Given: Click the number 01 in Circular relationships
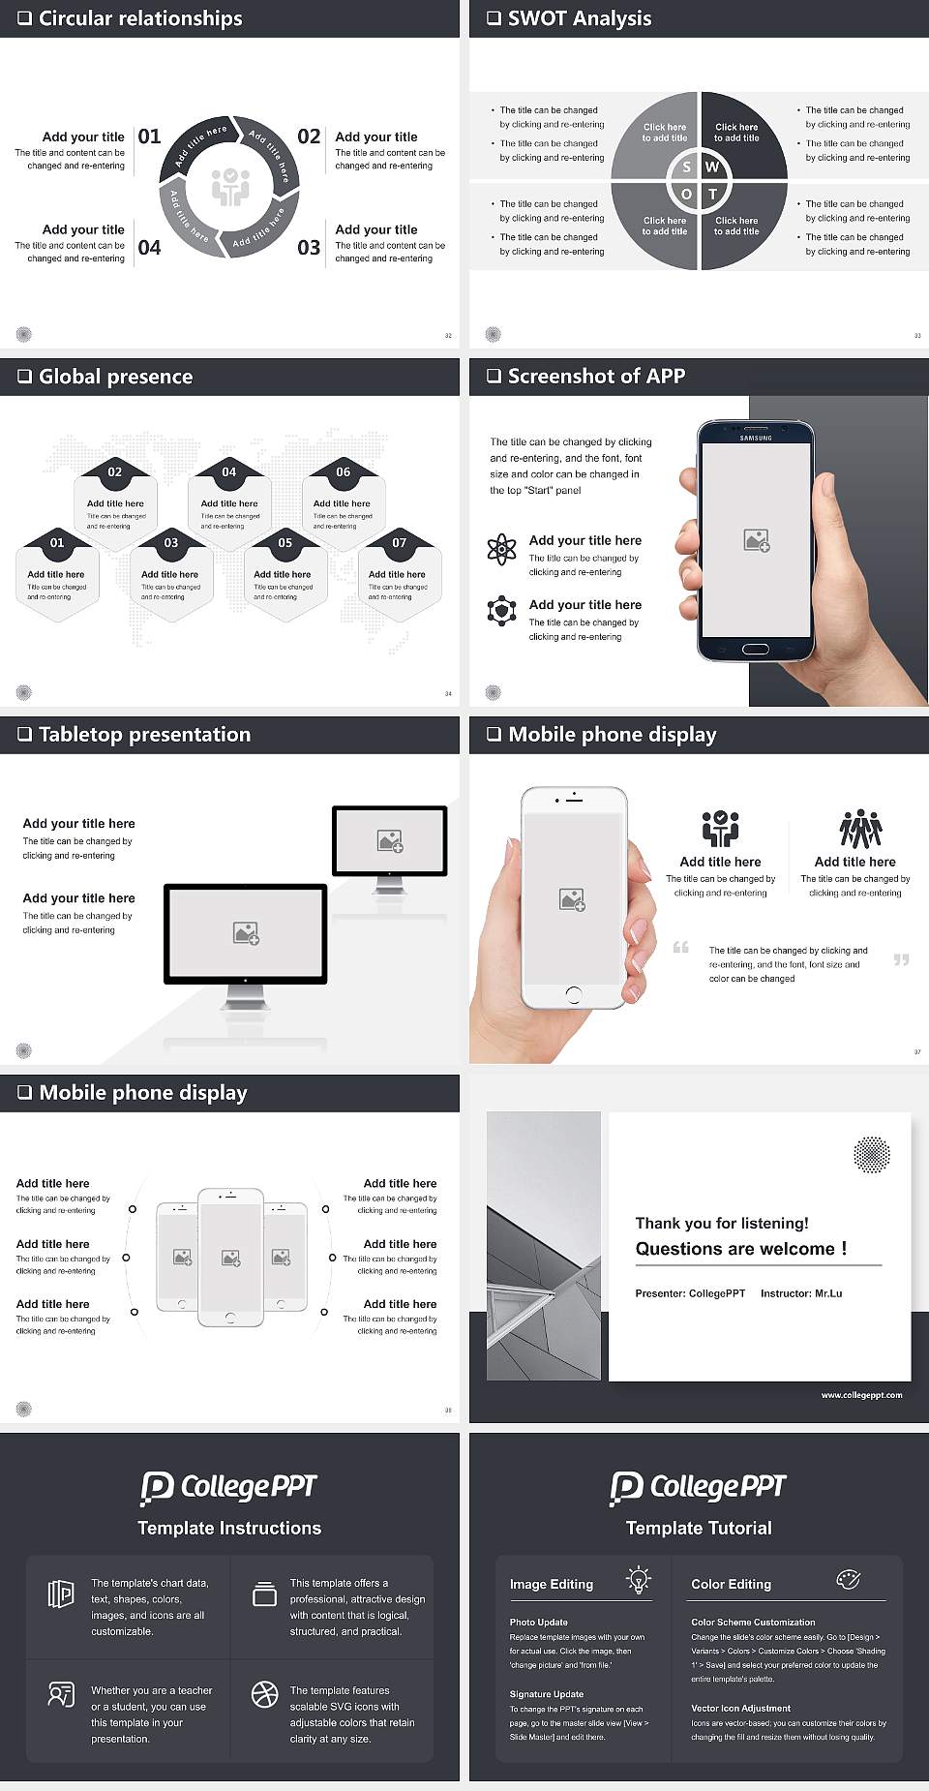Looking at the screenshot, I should (149, 137).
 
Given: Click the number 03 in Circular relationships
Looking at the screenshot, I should (309, 248).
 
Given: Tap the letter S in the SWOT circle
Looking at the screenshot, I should (687, 167).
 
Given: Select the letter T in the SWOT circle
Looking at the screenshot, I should (713, 194).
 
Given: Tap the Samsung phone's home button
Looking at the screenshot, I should (755, 649).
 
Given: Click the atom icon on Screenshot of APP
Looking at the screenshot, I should (501, 549).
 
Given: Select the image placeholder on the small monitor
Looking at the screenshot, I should (390, 840).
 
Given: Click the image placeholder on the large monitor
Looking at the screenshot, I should (246, 932).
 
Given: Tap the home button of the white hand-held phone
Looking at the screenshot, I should (573, 993).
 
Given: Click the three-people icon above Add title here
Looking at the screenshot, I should (860, 830).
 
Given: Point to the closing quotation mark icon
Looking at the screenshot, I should (901, 959).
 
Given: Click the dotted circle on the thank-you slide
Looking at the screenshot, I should (871, 1154).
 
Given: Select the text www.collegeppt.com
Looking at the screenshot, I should (861, 1395).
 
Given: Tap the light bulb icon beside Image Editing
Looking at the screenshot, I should (639, 1579).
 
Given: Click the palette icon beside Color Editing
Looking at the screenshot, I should (848, 1579).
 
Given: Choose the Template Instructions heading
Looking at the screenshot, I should (229, 1528).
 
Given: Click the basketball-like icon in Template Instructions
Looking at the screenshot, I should (264, 1693).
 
